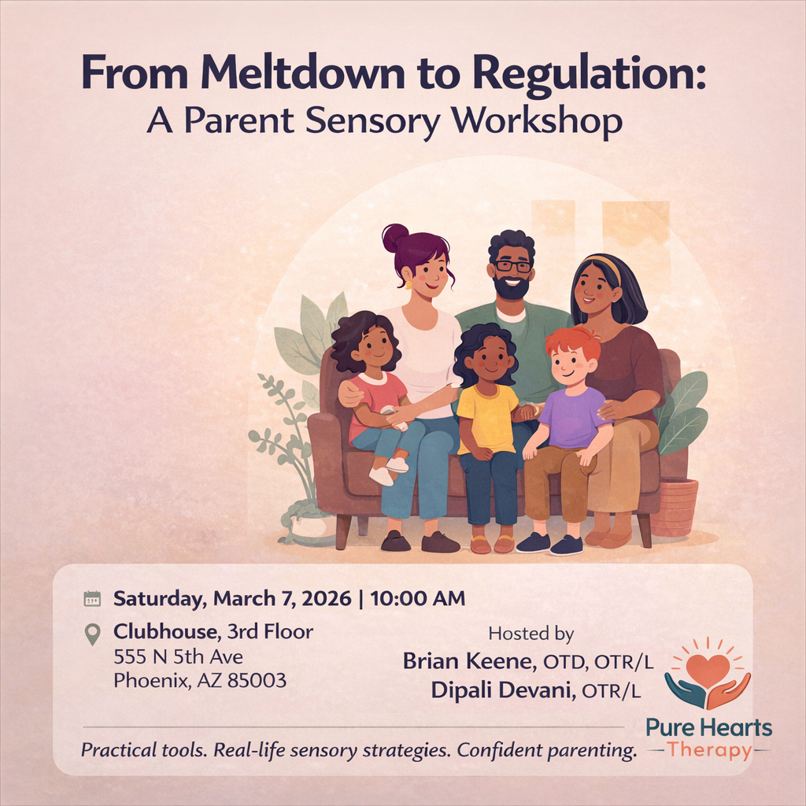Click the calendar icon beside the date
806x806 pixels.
tap(93, 599)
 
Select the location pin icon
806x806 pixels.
tap(93, 634)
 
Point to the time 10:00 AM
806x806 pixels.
tap(417, 599)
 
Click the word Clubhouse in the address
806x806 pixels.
tap(165, 631)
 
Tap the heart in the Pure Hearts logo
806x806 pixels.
tap(708, 669)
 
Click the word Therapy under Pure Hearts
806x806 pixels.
tap(708, 750)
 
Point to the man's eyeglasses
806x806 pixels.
tap(512, 266)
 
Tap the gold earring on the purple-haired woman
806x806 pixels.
tap(409, 284)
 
